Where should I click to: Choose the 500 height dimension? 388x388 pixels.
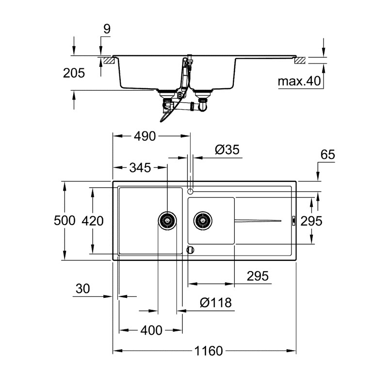tap(65, 221)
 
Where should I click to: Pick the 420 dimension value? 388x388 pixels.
tap(93, 221)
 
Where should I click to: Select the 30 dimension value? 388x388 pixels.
tap(83, 289)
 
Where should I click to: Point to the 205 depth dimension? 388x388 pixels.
tap(74, 73)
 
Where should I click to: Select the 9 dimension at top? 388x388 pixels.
tap(107, 29)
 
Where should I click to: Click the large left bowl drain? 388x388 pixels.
tap(167, 221)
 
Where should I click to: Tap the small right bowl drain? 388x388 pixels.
tap(203, 221)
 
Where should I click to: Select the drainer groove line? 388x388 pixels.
tap(257, 221)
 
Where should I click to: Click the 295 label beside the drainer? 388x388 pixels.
tap(311, 221)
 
